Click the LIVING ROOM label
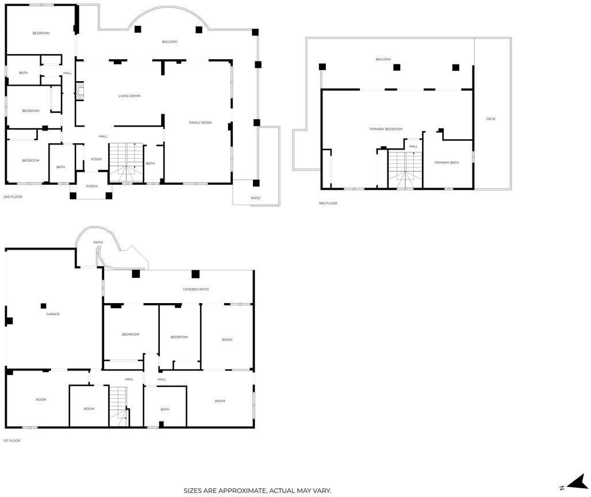(129, 96)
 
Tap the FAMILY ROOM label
(200, 123)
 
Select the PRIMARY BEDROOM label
(386, 129)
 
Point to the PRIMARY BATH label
(447, 163)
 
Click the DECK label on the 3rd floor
(491, 118)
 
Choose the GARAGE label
(53, 314)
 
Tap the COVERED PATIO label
(195, 289)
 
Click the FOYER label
(96, 159)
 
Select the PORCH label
(91, 186)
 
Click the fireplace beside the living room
(79, 91)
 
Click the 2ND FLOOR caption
(13, 197)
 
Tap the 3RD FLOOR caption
(328, 203)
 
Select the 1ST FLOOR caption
(11, 441)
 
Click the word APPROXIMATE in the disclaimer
(243, 491)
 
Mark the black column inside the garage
(43, 306)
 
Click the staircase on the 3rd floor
(405, 170)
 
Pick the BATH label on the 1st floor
(165, 409)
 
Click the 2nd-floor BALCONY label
(170, 42)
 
